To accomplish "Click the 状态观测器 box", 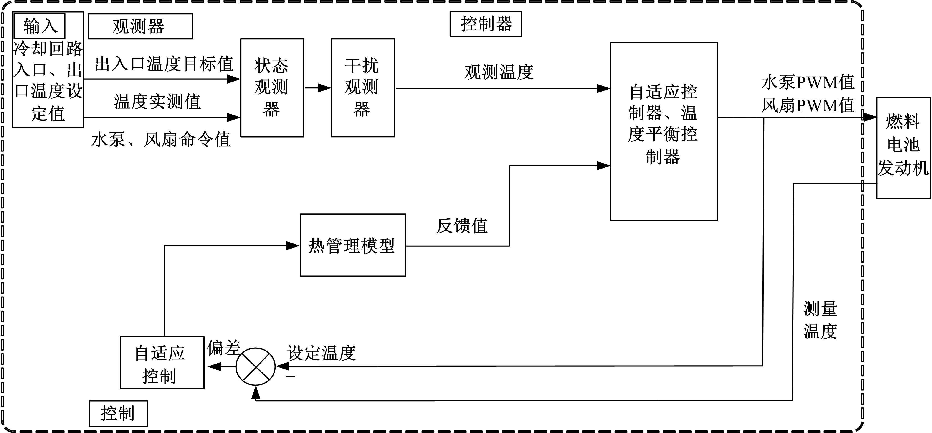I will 272,88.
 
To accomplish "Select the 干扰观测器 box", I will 362,88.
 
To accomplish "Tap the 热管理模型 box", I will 353,245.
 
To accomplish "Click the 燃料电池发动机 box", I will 903,148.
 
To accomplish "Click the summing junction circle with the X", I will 256,366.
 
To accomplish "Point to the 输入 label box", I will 39,26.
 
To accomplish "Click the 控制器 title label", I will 486,24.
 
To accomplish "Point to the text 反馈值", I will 462,226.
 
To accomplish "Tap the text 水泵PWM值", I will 808,82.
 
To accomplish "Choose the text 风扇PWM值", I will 808,106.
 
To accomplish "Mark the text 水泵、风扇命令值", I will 161,140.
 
